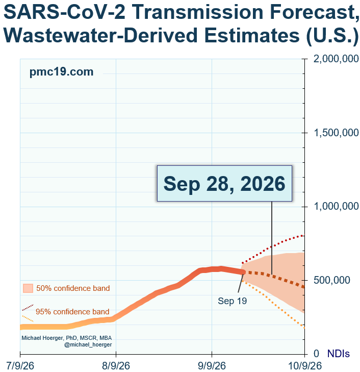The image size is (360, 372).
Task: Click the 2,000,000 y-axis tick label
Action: (336, 59)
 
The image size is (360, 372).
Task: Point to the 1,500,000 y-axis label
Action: (336, 133)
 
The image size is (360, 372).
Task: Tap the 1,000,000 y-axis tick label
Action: (336, 206)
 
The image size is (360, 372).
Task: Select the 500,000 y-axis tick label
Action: (332, 280)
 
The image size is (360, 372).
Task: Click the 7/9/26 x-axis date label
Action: (20, 365)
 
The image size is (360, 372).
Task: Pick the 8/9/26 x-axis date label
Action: (116, 365)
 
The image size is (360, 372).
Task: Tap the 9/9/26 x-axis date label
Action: (212, 365)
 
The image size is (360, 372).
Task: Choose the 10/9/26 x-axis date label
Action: (305, 365)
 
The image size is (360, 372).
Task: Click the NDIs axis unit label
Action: (339, 354)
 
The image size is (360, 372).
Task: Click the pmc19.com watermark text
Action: (61, 72)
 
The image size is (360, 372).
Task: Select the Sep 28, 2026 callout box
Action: (224, 183)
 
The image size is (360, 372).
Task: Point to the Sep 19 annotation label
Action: (232, 301)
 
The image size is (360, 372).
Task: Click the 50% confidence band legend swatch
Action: (28, 288)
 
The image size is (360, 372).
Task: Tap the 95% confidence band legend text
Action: (72, 312)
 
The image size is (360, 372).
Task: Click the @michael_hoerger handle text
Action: (88, 344)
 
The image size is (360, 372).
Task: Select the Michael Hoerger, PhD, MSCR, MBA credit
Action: (67, 338)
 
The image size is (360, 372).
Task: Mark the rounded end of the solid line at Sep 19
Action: (243, 272)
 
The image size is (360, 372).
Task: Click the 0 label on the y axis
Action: (316, 354)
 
